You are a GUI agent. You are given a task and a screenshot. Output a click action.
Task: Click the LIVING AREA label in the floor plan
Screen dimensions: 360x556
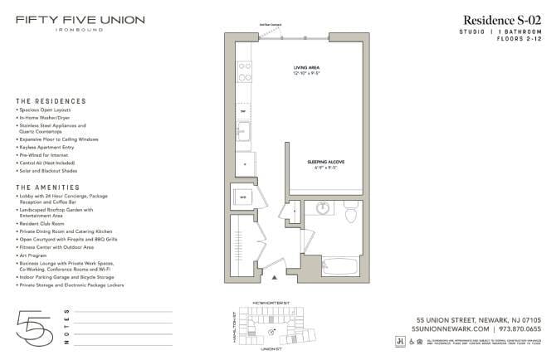[306, 68]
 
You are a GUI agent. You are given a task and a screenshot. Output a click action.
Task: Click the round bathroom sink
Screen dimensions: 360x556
[322, 209]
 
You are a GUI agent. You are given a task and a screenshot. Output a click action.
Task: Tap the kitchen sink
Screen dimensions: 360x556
[244, 130]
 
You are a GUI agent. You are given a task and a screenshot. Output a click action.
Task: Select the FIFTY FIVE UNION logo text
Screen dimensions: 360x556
[80, 20]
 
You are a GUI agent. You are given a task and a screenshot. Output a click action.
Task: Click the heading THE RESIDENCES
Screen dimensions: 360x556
[50, 101]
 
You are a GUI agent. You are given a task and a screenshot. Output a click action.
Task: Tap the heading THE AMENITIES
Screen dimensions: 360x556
[48, 187]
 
